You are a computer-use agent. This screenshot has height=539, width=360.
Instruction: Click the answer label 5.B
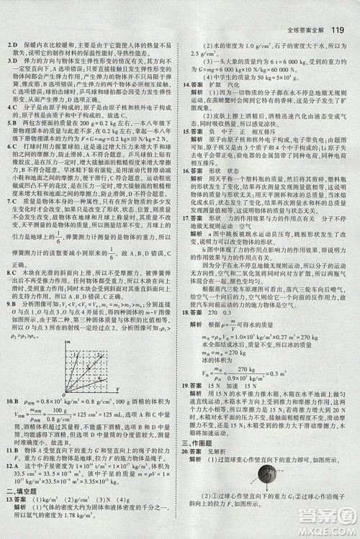coord(12,123)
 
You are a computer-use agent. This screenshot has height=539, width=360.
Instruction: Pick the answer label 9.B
coord(12,305)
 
